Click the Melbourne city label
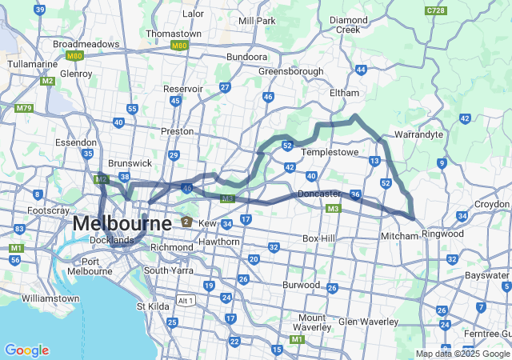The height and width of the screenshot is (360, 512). (122, 223)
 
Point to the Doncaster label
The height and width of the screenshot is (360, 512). (319, 194)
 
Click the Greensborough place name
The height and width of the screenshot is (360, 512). (290, 70)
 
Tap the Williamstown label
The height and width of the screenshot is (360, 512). (50, 298)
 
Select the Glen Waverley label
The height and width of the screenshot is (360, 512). (368, 321)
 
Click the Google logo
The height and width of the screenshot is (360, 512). (26, 350)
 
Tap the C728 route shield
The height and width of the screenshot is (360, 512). (436, 10)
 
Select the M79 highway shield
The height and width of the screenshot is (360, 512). (23, 108)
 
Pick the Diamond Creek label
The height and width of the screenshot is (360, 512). (349, 24)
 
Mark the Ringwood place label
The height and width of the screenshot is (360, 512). (442, 234)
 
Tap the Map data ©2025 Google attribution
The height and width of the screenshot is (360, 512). (462, 354)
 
